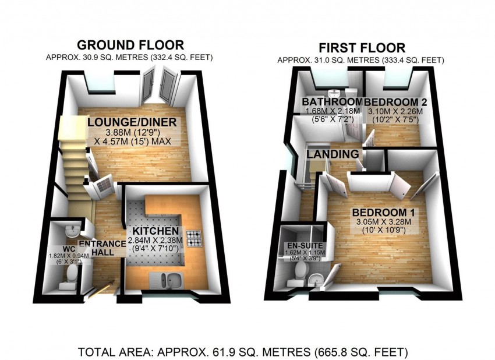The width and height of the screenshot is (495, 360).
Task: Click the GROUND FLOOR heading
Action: (x=130, y=45)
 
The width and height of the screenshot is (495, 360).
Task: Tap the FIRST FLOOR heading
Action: (x=362, y=48)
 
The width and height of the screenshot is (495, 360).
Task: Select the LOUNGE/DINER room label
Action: (x=132, y=122)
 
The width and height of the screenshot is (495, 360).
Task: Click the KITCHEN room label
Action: (x=155, y=231)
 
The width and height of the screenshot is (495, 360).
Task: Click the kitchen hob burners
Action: (x=194, y=238)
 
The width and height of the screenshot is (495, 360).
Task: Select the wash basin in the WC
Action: (x=72, y=231)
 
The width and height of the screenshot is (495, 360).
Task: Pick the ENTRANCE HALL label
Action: (x=102, y=248)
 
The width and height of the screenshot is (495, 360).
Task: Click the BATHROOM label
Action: (x=332, y=102)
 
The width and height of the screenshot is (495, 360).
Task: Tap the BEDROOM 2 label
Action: (x=396, y=102)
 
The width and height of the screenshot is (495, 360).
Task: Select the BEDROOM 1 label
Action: (x=384, y=213)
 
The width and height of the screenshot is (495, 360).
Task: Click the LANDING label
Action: (x=333, y=154)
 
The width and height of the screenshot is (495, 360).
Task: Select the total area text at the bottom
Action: (x=243, y=351)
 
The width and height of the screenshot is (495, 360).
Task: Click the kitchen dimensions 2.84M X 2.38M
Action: (x=155, y=240)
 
